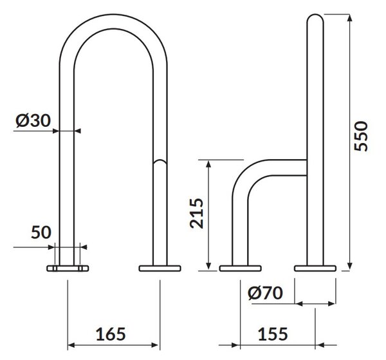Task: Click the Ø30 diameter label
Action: click(33, 120)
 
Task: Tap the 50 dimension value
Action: click(41, 232)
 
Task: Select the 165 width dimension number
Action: click(111, 334)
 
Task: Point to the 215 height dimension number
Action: click(197, 213)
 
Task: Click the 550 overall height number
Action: click(361, 136)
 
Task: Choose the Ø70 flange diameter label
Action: click(265, 293)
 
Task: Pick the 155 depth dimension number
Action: click(273, 334)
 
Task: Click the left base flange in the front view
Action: click(68, 269)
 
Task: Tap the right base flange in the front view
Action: click(160, 269)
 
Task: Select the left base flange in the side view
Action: click(240, 269)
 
